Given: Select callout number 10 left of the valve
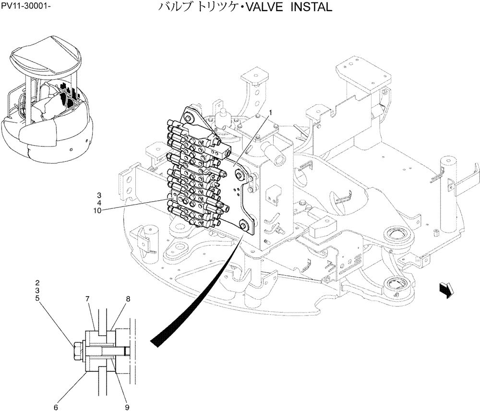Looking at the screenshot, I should [x=97, y=210].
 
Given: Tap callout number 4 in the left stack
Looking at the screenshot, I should [x=98, y=203].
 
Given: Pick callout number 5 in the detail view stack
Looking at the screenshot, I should [x=37, y=298].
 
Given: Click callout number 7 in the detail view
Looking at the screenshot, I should [x=88, y=299].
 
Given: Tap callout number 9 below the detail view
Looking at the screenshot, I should [x=127, y=408].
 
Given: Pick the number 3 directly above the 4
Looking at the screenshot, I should [x=98, y=195].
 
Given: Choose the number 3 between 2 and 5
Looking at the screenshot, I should [x=37, y=291].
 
